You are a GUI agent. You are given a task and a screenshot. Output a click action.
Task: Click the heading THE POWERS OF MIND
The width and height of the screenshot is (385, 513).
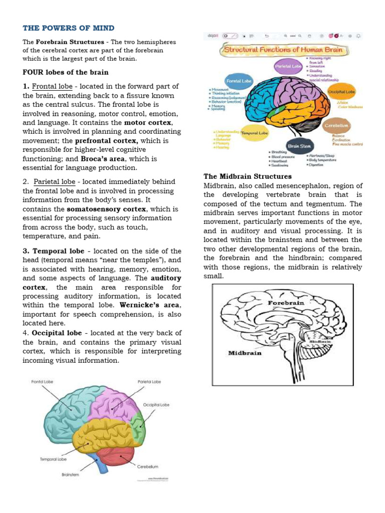point(69,28)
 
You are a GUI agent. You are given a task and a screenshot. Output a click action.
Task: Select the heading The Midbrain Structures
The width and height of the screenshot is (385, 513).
point(247,176)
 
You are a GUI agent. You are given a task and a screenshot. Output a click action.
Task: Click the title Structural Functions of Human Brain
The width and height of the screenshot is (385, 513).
point(283,51)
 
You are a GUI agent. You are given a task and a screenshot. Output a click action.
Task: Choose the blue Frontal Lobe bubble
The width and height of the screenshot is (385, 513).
point(239,80)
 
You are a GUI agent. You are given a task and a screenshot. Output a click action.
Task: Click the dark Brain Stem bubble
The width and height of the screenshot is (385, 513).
point(299,146)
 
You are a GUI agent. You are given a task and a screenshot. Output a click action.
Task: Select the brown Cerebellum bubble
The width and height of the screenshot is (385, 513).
point(336,125)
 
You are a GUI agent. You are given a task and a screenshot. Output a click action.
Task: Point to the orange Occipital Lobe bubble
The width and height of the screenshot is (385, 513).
point(341,92)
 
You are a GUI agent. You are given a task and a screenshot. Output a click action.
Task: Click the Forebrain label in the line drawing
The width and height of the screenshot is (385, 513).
point(286,303)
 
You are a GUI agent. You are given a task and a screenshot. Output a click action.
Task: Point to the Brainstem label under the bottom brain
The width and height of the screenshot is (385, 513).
point(71,474)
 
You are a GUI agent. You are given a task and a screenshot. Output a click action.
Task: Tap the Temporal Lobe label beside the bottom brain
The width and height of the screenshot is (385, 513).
point(52,459)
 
